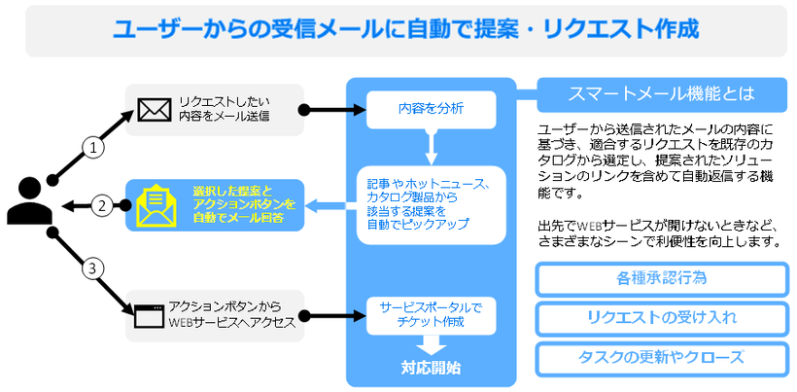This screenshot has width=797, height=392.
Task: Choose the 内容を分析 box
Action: [x=430, y=109]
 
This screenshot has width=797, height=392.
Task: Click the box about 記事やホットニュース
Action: [x=431, y=204]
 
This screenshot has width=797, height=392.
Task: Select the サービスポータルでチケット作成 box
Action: [x=430, y=314]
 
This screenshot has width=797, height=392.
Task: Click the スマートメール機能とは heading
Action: [x=661, y=95]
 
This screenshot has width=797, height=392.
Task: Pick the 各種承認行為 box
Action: [x=661, y=278]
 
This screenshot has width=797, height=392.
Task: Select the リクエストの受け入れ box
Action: [x=661, y=317]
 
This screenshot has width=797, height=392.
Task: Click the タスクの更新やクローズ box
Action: [x=661, y=356]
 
